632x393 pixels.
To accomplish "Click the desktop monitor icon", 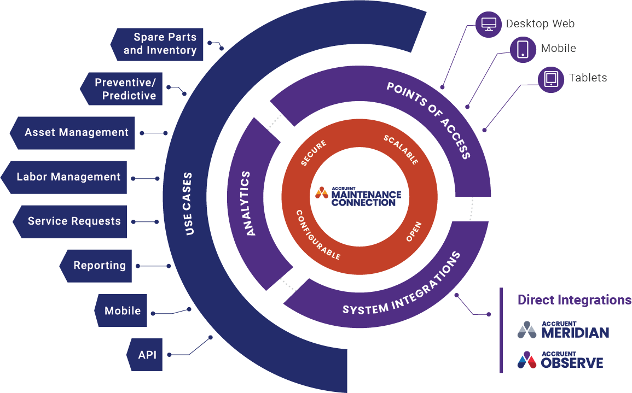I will (x=488, y=24).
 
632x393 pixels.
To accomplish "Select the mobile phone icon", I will (x=523, y=49).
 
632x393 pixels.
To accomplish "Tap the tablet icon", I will (x=550, y=79).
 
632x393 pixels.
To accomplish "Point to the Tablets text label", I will (x=588, y=78).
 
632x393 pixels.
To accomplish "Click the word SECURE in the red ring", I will (x=314, y=153).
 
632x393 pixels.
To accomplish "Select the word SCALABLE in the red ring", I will (x=401, y=149).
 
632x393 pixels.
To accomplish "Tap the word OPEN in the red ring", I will (x=414, y=232).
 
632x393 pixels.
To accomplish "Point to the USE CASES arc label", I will (x=188, y=204).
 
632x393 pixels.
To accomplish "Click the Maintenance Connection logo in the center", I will (x=358, y=196).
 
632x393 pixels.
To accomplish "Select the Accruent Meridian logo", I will (x=563, y=330).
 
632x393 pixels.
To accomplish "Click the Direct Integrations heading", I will (x=574, y=300).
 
